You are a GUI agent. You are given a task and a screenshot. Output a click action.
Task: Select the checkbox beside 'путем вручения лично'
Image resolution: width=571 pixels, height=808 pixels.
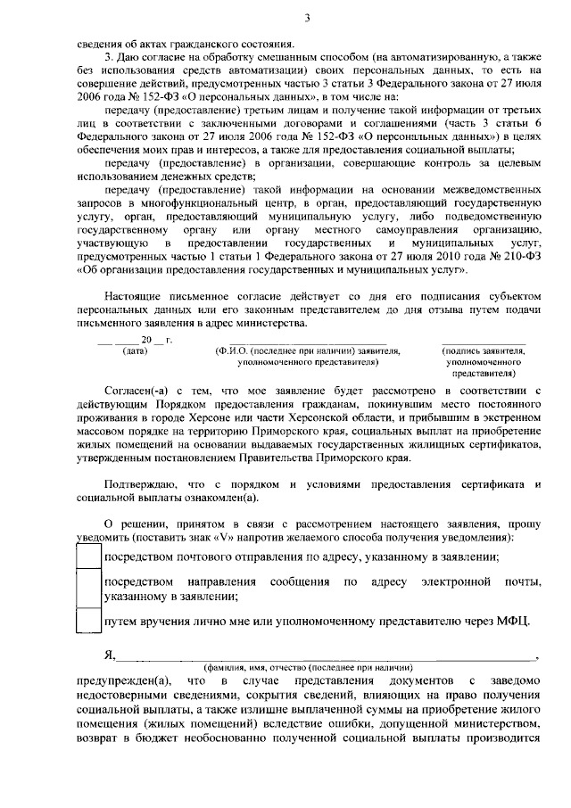88,620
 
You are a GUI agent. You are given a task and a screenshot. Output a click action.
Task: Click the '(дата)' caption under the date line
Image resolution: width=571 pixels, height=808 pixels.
135,351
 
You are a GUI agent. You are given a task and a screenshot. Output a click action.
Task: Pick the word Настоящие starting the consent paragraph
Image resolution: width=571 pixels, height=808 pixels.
136,296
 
